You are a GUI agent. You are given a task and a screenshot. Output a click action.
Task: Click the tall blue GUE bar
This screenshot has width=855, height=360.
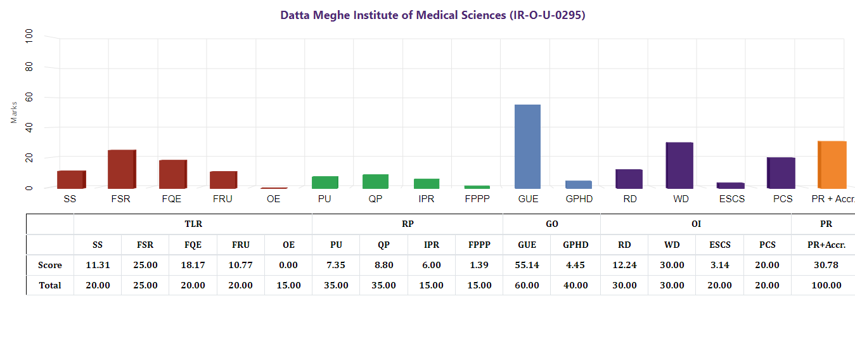(527, 146)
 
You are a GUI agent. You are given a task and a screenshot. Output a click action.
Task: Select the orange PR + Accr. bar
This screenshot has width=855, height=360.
(832, 165)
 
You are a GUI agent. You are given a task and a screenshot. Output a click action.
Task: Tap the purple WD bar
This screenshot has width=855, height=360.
(679, 165)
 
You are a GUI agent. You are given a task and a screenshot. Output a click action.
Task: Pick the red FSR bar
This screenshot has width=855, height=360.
(122, 169)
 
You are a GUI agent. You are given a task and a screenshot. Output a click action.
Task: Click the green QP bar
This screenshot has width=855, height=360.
(375, 181)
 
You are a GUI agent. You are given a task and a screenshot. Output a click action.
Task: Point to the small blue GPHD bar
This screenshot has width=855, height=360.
(578, 184)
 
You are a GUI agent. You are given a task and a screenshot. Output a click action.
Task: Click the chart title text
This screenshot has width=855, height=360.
(433, 15)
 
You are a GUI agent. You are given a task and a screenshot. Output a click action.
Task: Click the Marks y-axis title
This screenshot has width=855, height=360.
(14, 112)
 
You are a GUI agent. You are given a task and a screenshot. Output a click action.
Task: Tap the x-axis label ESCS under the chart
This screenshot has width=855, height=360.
(730, 199)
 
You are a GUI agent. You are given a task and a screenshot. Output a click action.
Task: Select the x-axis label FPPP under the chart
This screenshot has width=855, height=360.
(477, 199)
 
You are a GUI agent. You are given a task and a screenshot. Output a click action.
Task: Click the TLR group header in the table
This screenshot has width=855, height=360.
(193, 224)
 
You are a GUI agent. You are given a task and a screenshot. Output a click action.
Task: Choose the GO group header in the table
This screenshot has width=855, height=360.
(551, 224)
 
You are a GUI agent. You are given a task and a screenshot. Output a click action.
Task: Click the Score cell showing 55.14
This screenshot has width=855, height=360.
(527, 265)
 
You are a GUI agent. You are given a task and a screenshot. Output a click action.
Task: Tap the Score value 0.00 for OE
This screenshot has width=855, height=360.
(288, 265)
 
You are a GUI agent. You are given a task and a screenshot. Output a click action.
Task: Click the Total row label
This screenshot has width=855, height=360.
(50, 285)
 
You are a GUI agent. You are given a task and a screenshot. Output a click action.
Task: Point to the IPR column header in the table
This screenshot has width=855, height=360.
(431, 245)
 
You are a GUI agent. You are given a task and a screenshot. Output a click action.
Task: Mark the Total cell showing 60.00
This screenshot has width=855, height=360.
(527, 285)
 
